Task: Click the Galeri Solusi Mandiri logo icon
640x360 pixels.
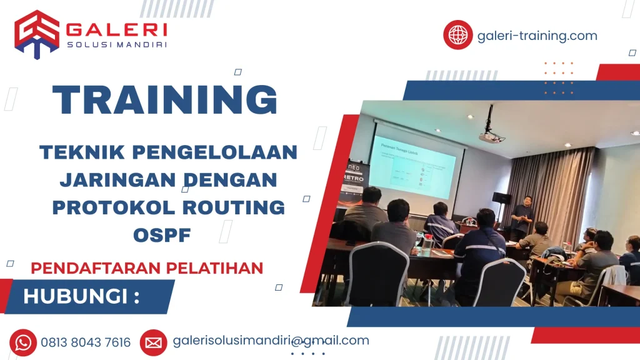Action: pos(37,34)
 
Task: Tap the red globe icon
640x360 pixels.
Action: pos(457,35)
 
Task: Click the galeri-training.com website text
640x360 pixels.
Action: pos(537,36)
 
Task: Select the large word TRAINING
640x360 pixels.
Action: pos(165,99)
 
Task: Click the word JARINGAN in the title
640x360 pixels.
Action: pos(116,180)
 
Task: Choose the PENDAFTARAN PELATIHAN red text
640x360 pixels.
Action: pos(147,268)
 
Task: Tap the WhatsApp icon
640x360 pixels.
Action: pos(23,342)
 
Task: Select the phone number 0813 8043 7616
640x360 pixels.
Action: pos(86,342)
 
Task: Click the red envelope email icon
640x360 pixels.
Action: pos(153,342)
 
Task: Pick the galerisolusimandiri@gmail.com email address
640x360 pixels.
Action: pos(271,341)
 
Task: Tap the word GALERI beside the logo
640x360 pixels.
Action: pos(116,29)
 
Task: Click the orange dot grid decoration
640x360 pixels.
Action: pos(558,78)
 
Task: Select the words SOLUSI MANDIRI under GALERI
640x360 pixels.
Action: pos(116,44)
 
